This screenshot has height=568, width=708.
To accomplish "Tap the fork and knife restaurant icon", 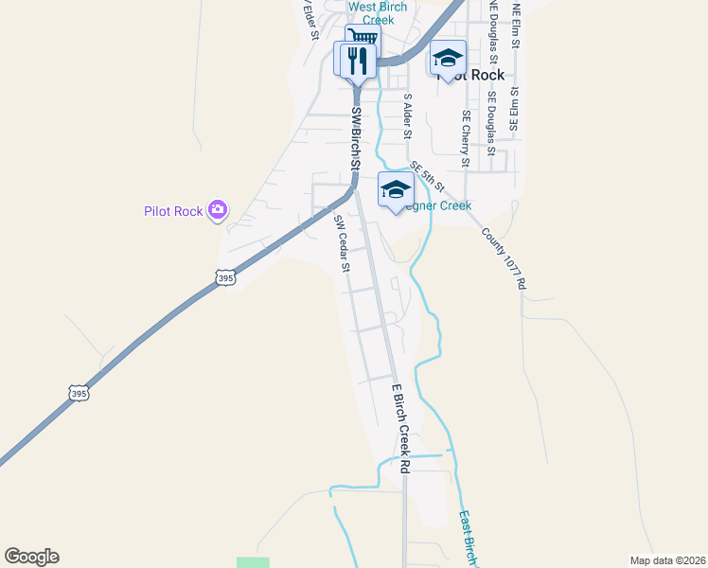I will coord(356,61).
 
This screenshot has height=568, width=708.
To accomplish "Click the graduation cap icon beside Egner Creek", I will coord(395,189).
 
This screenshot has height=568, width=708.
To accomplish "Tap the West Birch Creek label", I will coord(378,13).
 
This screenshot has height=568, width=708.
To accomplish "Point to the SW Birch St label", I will coord(356,138).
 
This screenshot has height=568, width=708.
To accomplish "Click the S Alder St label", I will coord(408,115).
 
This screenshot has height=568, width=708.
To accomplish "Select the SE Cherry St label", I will coord(466,138).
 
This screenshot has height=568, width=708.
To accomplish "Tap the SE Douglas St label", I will coord(491,123).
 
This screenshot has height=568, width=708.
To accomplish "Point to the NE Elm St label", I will coord(517,21).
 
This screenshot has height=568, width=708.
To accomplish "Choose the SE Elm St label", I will coord(515,110).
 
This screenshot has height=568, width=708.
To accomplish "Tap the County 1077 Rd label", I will coord(503,258).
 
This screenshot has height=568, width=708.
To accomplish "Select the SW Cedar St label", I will coord(342,243).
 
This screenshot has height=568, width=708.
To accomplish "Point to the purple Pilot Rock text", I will coord(173,211).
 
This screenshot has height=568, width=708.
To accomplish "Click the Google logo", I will coord(31,557).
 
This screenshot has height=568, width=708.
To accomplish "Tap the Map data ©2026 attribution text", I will coord(667,560).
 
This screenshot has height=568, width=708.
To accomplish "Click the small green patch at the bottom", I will coord(253,562).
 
